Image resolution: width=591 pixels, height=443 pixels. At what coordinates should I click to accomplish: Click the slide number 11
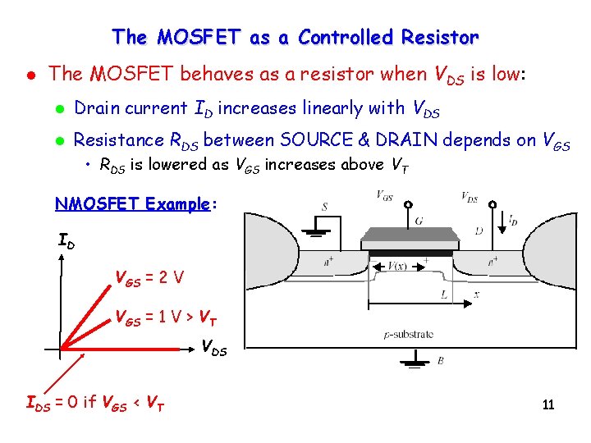coord(548,405)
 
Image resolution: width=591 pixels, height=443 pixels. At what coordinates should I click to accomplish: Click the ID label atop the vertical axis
coord(68,241)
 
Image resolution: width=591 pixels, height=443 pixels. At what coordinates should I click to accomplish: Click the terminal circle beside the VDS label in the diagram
coord(492,204)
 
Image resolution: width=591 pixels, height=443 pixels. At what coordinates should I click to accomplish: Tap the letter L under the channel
coord(444,293)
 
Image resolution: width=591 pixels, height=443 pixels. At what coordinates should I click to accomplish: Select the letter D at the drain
coord(479,231)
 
